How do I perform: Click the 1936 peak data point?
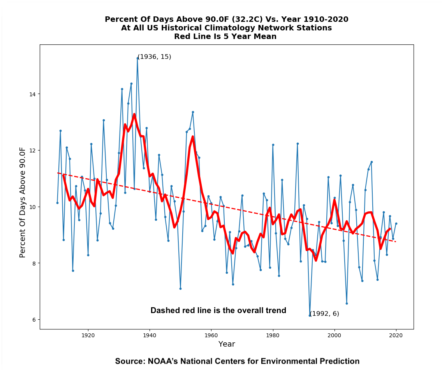coord(137,58)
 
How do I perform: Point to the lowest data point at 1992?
coord(310,315)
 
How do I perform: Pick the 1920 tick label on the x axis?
coord(88,335)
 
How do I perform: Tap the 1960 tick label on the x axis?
coord(211,335)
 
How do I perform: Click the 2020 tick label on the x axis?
coord(396,335)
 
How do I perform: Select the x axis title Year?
coord(227,344)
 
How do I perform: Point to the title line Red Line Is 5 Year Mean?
coord(225,37)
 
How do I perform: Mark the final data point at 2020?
coord(396,223)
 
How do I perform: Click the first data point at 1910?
coord(57,203)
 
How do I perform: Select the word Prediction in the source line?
coord(341,361)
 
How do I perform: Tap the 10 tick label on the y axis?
coord(32,207)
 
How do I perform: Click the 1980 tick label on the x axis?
coord(273,335)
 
